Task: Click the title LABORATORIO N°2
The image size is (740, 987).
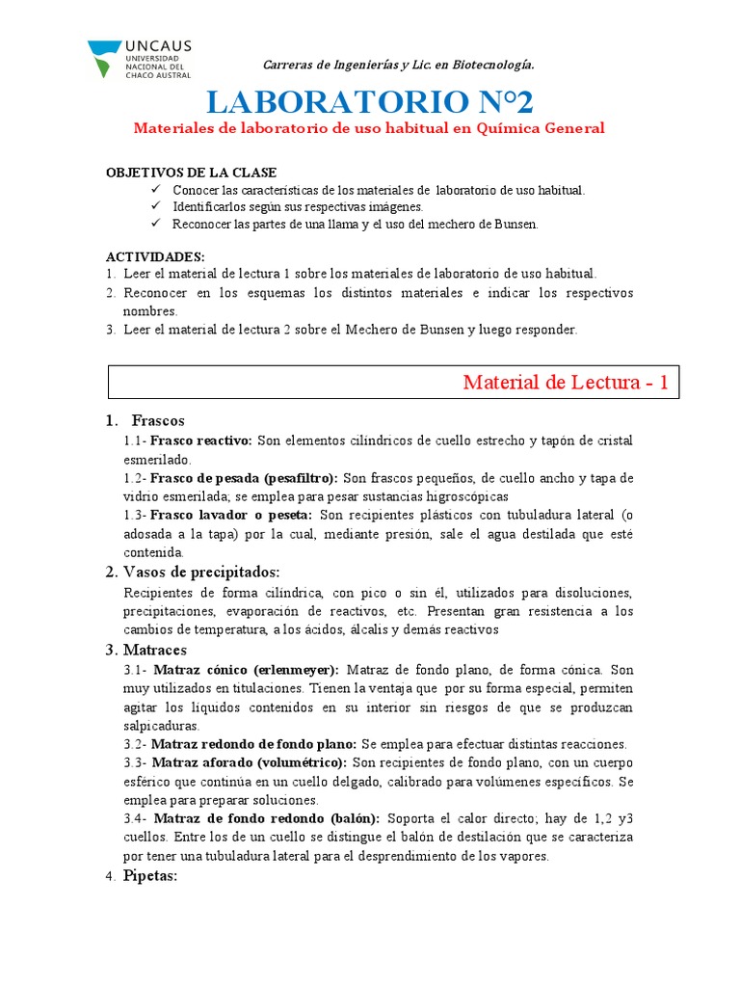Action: click(369, 101)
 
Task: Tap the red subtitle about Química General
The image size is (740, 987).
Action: click(369, 128)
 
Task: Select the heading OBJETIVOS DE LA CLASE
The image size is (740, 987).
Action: click(191, 173)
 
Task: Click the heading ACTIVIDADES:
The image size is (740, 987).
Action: click(154, 257)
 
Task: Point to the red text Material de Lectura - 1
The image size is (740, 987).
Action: click(566, 383)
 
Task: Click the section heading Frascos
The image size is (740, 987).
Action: click(157, 420)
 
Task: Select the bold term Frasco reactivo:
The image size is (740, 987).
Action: click(201, 440)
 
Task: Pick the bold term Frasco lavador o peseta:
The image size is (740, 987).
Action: click(231, 516)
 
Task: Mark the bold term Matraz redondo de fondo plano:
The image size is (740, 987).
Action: click(254, 744)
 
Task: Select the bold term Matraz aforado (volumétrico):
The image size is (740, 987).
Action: click(249, 762)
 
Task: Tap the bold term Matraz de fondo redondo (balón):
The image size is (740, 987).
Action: click(267, 819)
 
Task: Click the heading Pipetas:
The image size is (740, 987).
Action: click(150, 875)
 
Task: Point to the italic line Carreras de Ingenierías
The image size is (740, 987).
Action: click(398, 65)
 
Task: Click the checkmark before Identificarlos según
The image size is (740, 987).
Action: click(157, 206)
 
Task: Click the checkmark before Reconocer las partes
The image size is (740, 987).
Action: click(157, 224)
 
